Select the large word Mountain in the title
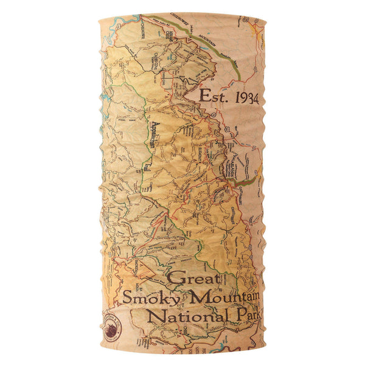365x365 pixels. point(225,297)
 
